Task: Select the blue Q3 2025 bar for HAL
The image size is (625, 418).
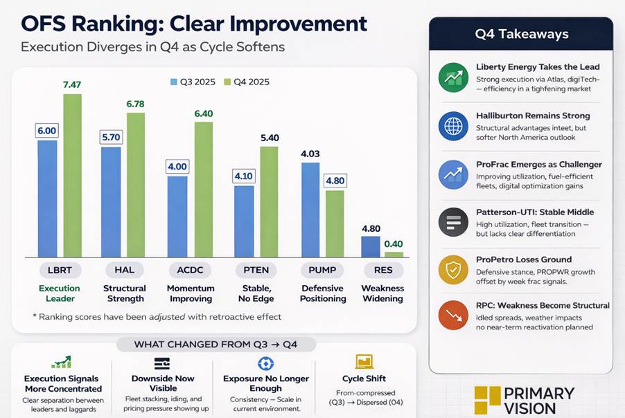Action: click(111, 201)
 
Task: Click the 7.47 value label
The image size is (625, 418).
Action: click(72, 84)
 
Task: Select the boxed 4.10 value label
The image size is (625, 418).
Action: click(243, 176)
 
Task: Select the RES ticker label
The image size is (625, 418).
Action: click(383, 270)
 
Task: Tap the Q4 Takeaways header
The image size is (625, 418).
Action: click(521, 34)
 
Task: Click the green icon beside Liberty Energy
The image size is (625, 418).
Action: click(453, 78)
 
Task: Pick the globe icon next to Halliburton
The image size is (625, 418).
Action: click(453, 126)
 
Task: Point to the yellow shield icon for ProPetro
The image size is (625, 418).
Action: click(453, 269)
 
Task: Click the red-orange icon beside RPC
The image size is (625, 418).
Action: click(453, 315)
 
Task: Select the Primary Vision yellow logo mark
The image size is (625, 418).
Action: click(487, 399)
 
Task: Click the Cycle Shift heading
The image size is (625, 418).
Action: click(364, 379)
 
